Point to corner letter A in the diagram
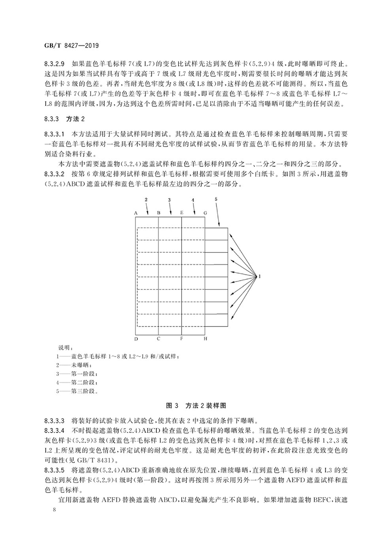(136, 212)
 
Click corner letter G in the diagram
(205, 212)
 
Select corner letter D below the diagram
(136, 339)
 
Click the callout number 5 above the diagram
(216, 199)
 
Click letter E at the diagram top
(181, 212)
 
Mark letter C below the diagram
(159, 339)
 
